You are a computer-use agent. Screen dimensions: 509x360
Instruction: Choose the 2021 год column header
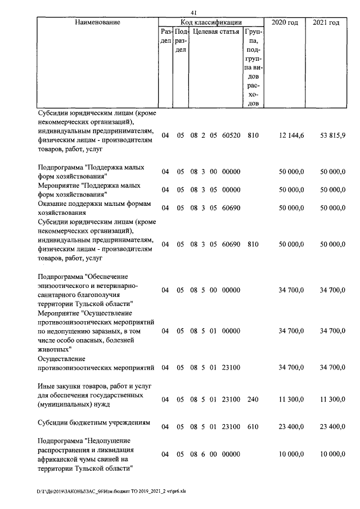coord(326,22)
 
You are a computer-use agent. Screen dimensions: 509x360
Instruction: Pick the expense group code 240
coord(253,399)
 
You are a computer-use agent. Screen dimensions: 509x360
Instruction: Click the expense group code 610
coord(253,427)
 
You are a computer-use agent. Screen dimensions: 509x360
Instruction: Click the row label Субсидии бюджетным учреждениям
coord(93,423)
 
